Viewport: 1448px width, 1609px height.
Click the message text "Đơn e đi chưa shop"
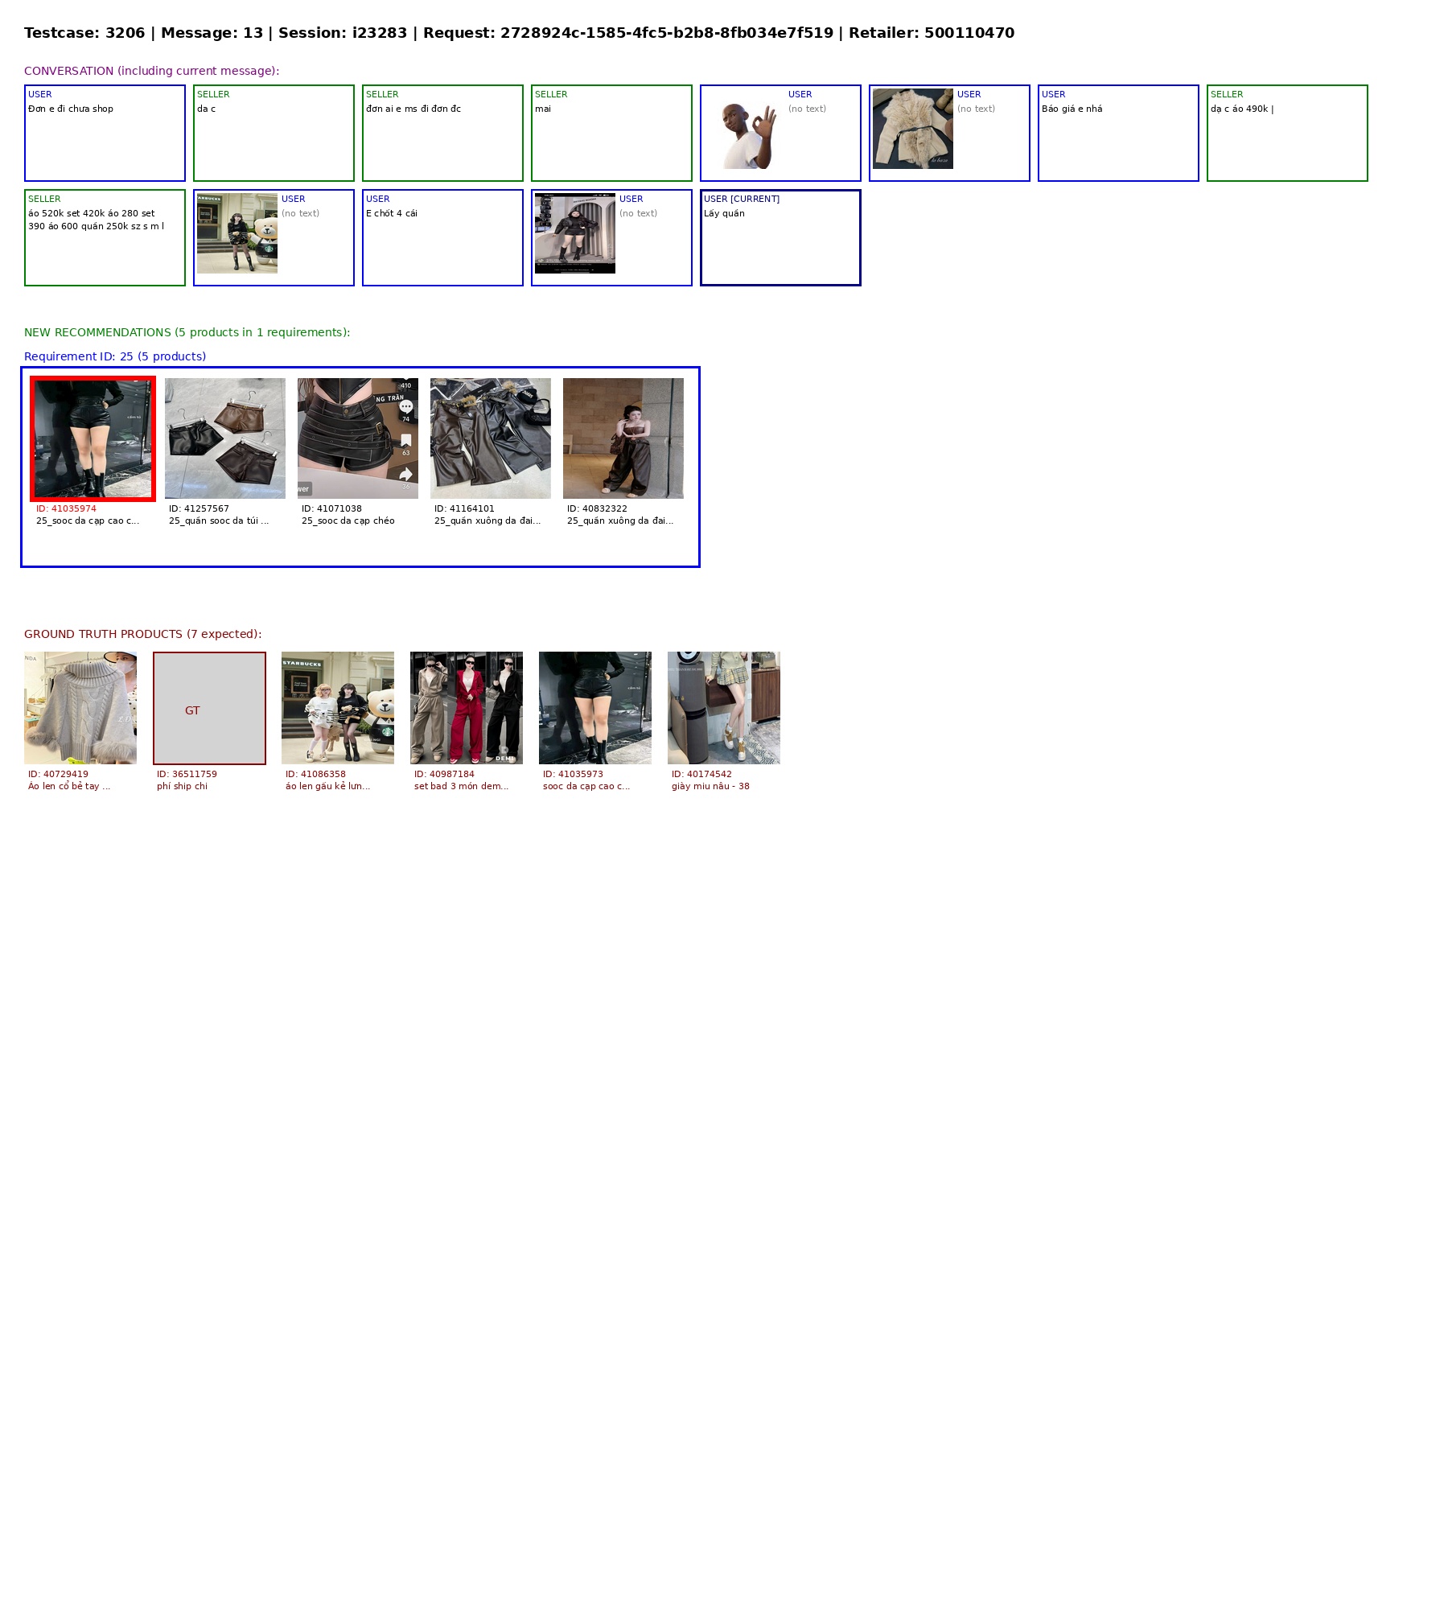pyautogui.click(x=71, y=109)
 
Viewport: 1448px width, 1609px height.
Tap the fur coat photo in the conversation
pyautogui.click(x=913, y=129)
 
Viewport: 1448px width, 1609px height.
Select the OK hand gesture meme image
pyautogui.click(x=744, y=129)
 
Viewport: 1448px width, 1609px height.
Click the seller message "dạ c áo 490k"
pyautogui.click(x=1240, y=109)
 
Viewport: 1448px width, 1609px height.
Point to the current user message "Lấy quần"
pyautogui.click(x=724, y=214)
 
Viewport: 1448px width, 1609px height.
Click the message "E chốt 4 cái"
pyautogui.click(x=392, y=214)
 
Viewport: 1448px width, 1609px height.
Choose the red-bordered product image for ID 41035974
pyautogui.click(x=93, y=438)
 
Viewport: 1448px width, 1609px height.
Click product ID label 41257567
pyautogui.click(x=199, y=508)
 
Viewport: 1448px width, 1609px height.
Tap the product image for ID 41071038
pyautogui.click(x=358, y=438)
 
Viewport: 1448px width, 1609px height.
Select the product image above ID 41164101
pyautogui.click(x=491, y=438)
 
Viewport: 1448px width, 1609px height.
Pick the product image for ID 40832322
pyautogui.click(x=623, y=438)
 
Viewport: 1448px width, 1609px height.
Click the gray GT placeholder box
pyautogui.click(x=209, y=708)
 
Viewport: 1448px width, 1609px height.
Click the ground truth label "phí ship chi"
pyautogui.click(x=182, y=787)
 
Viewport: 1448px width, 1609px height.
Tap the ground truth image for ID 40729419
pyautogui.click(x=80, y=708)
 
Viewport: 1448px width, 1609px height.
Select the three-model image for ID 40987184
pyautogui.click(x=467, y=708)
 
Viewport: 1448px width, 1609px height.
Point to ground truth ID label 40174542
pyautogui.click(x=701, y=774)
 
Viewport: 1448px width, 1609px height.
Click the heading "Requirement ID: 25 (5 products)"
pyautogui.click(x=115, y=356)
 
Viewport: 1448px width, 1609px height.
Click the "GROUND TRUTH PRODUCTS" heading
pyautogui.click(x=143, y=634)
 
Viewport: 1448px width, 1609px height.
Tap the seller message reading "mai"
pyautogui.click(x=543, y=109)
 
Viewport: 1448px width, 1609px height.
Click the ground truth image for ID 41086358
pyautogui.click(x=338, y=708)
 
